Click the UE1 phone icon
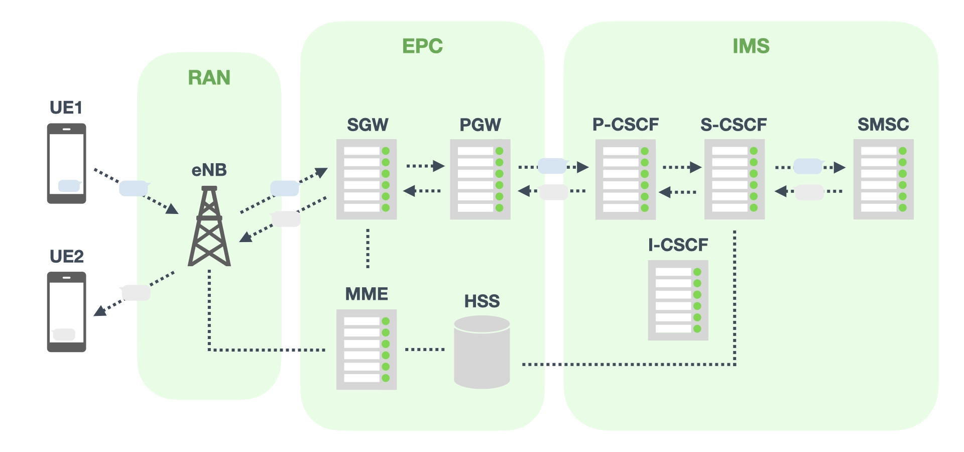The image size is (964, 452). [66, 163]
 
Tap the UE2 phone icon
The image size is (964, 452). [66, 312]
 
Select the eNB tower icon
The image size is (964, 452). [209, 227]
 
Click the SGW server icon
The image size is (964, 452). [367, 179]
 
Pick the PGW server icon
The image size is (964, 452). [480, 179]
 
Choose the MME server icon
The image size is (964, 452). [367, 350]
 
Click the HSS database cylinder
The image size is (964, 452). [482, 352]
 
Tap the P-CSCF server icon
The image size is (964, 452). [626, 179]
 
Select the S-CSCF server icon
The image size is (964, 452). [735, 179]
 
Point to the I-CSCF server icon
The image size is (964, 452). [678, 300]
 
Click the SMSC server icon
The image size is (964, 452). [884, 179]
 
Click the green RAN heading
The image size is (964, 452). [209, 78]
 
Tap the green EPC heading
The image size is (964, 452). [422, 46]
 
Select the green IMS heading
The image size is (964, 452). [751, 46]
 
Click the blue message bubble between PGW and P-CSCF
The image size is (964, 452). [552, 166]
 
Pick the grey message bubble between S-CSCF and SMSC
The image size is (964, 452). [809, 192]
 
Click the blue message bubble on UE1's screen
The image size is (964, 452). [69, 186]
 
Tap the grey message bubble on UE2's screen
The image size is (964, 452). [64, 334]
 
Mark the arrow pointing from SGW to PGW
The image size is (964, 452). [425, 166]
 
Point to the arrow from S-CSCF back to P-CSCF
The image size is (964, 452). [677, 192]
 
